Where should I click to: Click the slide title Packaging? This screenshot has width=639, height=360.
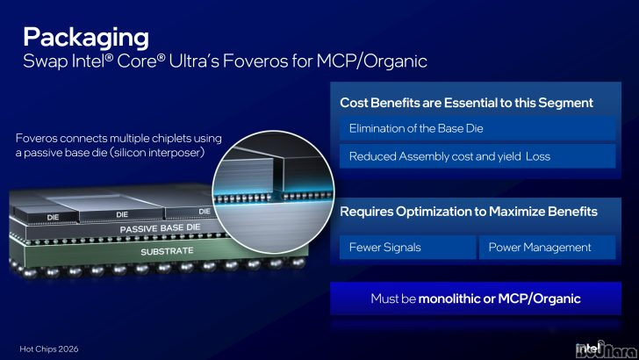[x=86, y=38]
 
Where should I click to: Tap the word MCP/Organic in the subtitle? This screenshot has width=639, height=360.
[x=372, y=61]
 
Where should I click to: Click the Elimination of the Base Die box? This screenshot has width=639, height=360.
[x=477, y=128]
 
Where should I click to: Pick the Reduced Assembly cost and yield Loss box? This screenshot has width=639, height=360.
[x=477, y=156]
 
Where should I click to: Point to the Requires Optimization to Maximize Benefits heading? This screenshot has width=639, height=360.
[x=469, y=212]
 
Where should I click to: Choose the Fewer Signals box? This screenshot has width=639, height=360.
[x=407, y=247]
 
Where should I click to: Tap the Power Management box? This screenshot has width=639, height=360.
[x=548, y=247]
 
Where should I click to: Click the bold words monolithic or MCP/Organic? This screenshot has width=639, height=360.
[x=499, y=299]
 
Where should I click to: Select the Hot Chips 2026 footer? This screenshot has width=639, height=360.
[x=49, y=349]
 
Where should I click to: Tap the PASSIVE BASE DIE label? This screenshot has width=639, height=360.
[x=160, y=228]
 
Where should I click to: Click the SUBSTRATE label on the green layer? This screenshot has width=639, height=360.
[x=167, y=251]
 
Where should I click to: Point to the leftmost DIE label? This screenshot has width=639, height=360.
[x=53, y=217]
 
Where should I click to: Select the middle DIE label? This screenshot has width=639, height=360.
[x=122, y=214]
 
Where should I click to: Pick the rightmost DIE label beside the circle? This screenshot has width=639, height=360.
[x=205, y=212]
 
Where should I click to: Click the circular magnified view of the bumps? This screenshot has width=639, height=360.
[x=273, y=192]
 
